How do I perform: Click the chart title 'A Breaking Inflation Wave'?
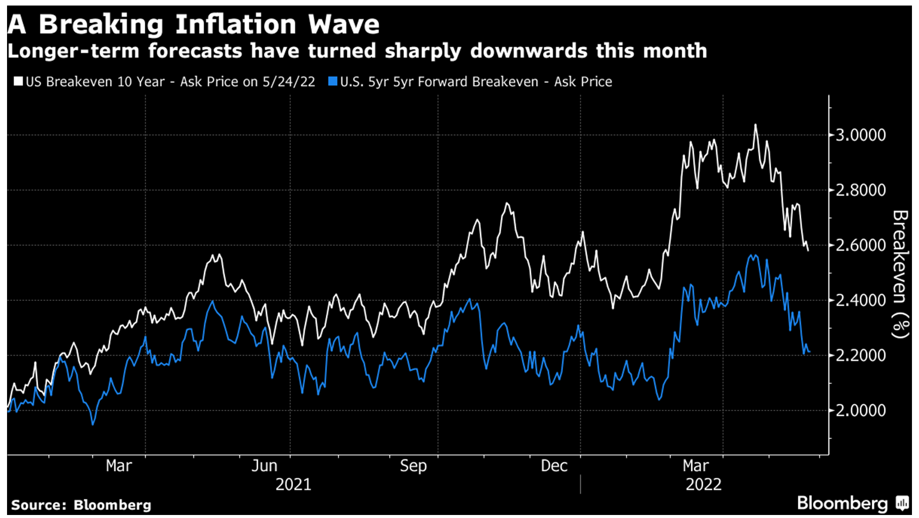tap(194, 24)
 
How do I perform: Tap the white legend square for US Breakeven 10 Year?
tap(18, 81)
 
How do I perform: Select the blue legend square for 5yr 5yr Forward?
tap(332, 81)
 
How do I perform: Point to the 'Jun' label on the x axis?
tap(264, 466)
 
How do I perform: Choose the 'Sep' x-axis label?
tap(413, 466)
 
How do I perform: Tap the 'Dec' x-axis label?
tap(554, 466)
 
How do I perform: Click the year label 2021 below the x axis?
tap(294, 484)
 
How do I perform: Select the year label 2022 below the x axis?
tap(704, 484)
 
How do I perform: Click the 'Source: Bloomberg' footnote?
tap(81, 505)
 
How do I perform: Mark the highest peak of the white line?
tap(755, 125)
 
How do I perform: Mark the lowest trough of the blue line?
tap(93, 424)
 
